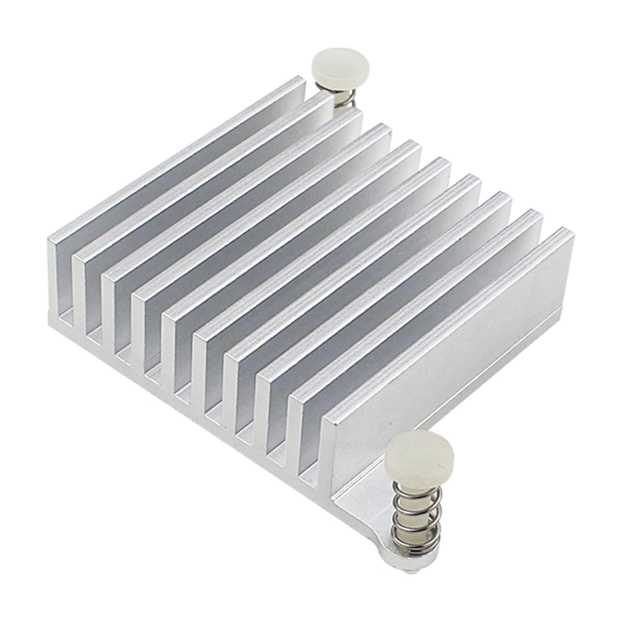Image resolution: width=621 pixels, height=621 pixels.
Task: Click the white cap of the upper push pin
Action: pyautogui.click(x=340, y=68)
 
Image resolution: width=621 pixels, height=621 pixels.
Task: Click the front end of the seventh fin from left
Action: pyautogui.click(x=231, y=392)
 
